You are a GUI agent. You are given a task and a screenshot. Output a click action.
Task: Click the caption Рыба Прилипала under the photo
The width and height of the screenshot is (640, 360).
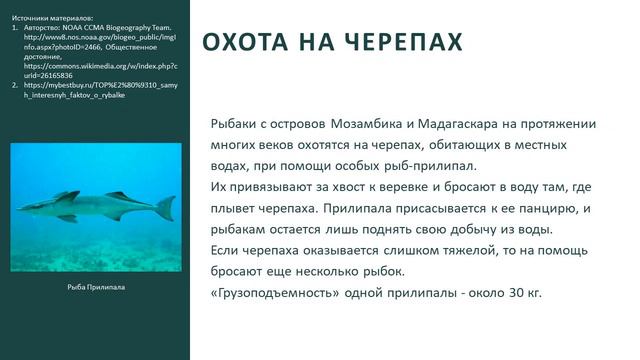pyautogui.click(x=95, y=286)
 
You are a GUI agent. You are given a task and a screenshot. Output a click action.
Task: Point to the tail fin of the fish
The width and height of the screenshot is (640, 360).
pyautogui.click(x=165, y=207)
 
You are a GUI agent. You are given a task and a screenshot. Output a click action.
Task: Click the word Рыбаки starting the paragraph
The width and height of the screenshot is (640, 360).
pyautogui.click(x=237, y=124)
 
